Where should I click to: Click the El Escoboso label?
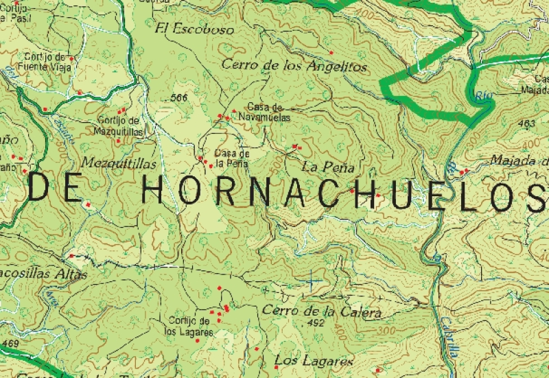pos(194,29)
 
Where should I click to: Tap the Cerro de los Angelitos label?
pos(294,66)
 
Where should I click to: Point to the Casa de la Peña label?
pos(231,158)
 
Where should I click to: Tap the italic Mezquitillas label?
pos(118,164)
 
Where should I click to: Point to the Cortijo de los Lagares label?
pos(190,326)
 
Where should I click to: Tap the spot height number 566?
pos(179,98)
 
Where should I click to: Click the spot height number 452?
pos(316,322)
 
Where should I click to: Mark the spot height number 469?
pos(10,343)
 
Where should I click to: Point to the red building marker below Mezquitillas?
pos(88,204)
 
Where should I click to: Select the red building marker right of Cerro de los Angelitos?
pos(331,52)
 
